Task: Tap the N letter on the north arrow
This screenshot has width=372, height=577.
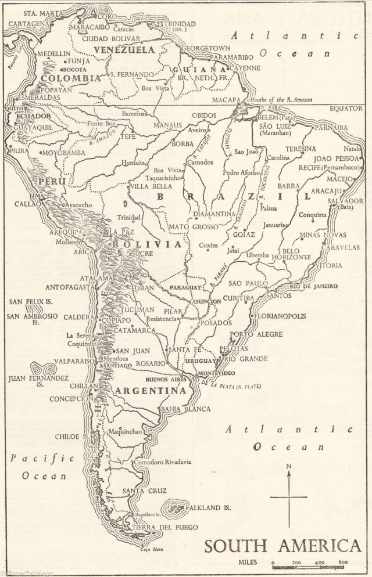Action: click(288, 466)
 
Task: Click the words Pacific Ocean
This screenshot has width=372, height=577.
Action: click(36, 466)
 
